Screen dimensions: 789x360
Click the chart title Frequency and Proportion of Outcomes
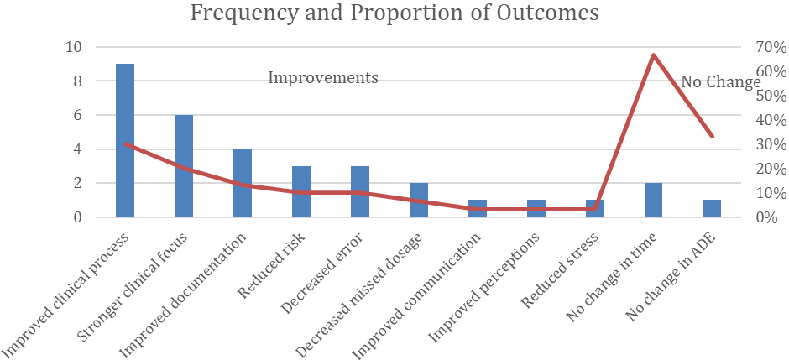(x=394, y=13)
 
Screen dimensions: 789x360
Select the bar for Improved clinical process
(x=125, y=140)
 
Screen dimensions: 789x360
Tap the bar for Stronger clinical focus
(x=184, y=166)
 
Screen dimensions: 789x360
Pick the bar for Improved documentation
(x=243, y=183)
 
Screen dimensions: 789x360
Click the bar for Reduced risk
(x=301, y=191)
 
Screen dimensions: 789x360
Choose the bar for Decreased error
(x=360, y=191)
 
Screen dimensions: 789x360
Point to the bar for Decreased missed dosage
(x=419, y=200)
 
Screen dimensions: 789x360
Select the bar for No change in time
(x=654, y=200)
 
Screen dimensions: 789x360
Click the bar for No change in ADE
(x=712, y=209)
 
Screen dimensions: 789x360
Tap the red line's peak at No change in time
(x=654, y=55)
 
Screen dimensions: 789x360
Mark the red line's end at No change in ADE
(x=712, y=136)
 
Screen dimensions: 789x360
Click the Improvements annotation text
(x=323, y=78)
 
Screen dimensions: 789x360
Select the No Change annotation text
(x=721, y=82)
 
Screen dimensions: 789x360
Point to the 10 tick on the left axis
(x=74, y=47)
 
